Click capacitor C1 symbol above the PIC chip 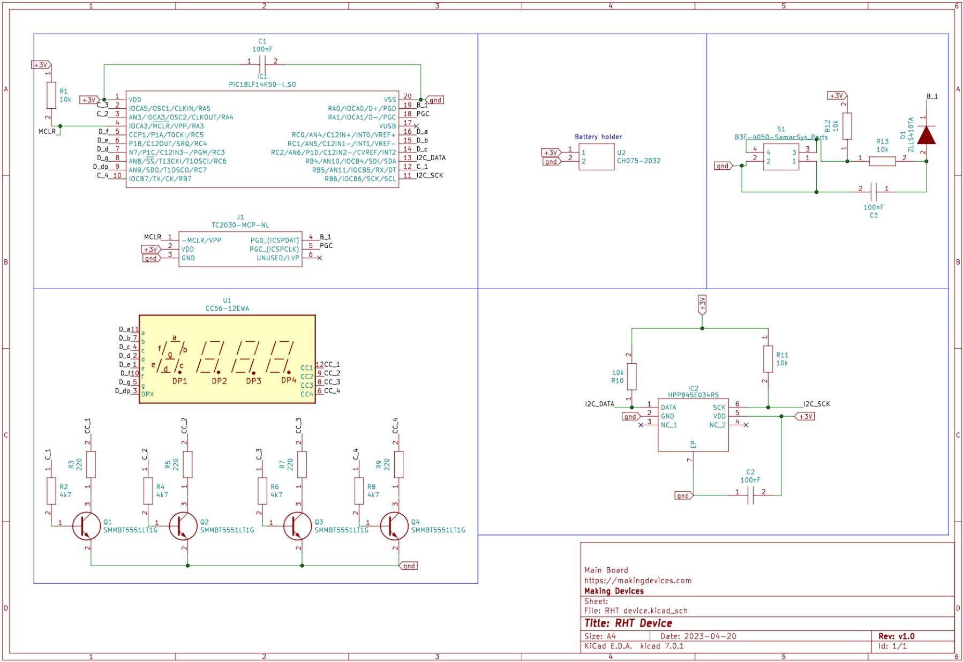262,61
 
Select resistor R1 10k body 51,95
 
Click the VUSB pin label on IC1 387,126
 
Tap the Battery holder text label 598,137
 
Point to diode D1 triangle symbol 926,135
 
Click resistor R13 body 882,161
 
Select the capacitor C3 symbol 873,189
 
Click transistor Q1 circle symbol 87,526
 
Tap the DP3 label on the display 253,381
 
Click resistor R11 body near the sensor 768,359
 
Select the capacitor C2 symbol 750,495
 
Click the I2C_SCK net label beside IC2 816,404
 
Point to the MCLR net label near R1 47,131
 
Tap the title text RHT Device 628,623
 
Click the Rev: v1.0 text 896,636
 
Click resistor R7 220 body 302,464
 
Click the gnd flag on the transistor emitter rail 409,566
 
